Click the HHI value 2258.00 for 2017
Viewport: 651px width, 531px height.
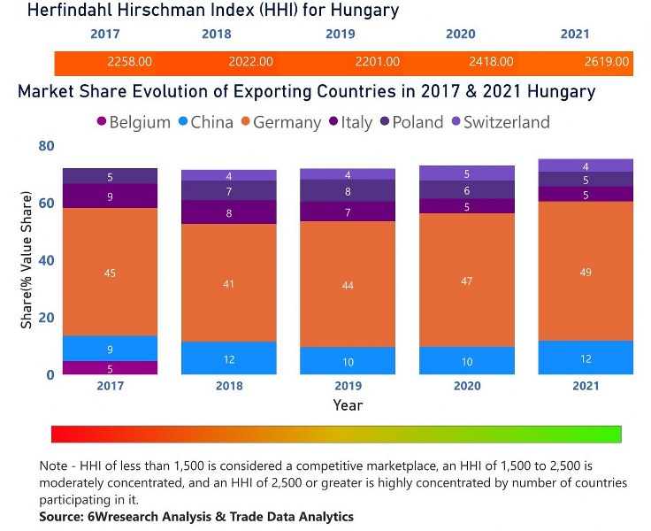[129, 62]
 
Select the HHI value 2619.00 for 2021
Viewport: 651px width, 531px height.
[607, 62]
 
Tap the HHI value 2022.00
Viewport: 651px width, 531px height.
[250, 62]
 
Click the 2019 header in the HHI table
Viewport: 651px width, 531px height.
[341, 35]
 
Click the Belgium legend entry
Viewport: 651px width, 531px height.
[133, 122]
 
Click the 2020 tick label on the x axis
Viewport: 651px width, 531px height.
[466, 386]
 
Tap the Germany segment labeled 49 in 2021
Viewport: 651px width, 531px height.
[585, 272]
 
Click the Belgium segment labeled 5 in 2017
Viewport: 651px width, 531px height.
[110, 368]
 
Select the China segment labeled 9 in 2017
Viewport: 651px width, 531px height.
[110, 349]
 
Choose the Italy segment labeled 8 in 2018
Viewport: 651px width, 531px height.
[228, 213]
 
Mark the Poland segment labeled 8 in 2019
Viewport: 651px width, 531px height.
[348, 191]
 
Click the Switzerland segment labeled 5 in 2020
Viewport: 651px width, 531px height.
[466, 173]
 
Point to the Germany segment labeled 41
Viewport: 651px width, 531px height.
[228, 283]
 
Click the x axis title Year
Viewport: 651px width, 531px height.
[348, 405]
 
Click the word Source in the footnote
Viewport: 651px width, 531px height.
[63, 517]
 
